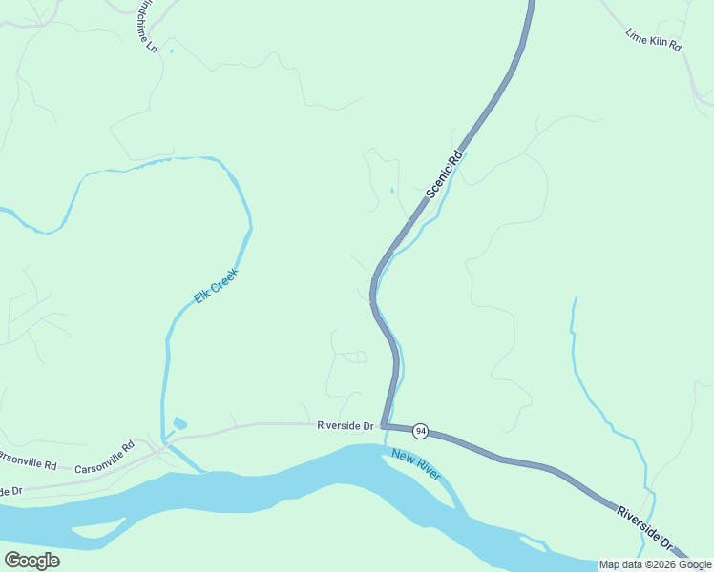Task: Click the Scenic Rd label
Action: [444, 173]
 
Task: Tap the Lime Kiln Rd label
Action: [653, 39]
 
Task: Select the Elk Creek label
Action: [215, 285]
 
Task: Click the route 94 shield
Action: [420, 432]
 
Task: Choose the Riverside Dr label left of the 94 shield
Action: [345, 426]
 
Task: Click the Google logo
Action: [31, 560]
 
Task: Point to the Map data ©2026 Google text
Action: [655, 564]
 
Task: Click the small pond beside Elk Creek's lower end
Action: [180, 422]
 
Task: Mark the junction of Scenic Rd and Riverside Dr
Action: [383, 425]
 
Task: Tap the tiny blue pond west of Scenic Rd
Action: [391, 191]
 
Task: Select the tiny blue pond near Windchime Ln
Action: [172, 51]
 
